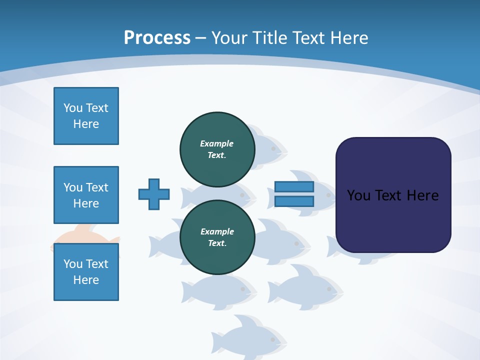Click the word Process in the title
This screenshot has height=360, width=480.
157,37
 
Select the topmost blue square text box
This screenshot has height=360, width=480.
86,116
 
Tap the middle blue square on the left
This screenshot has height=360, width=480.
86,195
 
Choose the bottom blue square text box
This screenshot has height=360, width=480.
86,272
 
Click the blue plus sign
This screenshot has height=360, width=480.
154,194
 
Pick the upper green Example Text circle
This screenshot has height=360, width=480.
217,149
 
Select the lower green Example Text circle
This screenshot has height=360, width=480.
217,237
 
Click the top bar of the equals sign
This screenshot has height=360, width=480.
294,187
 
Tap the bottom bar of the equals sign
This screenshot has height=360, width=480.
294,201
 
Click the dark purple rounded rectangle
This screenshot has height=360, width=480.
393,220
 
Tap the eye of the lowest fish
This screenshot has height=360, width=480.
273,340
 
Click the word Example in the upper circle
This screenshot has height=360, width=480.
217,143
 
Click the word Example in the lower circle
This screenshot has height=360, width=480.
217,231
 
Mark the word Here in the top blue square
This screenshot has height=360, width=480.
86,124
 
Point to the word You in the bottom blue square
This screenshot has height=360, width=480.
72,264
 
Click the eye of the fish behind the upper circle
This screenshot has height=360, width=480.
273,148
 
